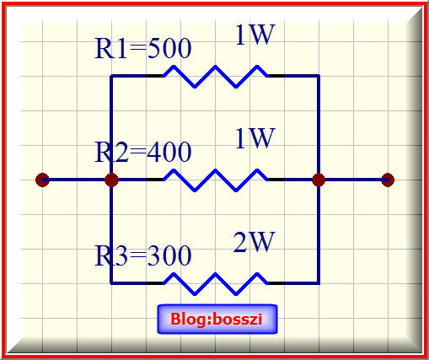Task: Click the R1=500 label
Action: point(143,48)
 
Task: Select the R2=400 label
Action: point(143,152)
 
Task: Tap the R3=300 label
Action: point(143,255)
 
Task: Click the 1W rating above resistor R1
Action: point(255,35)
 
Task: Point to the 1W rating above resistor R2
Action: point(255,138)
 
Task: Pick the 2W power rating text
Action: point(254,242)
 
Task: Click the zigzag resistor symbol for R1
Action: point(216,76)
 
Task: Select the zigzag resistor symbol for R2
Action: point(216,180)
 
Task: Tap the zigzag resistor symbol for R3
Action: point(216,283)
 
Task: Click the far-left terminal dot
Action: point(43,180)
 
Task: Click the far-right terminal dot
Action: point(388,180)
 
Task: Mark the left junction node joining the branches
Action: point(111,180)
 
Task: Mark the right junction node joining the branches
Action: point(319,180)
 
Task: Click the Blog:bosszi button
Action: point(217,319)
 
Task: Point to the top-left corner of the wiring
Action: point(111,76)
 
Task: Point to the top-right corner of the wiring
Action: point(319,76)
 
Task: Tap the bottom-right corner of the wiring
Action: point(319,283)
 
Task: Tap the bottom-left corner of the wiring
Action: point(111,283)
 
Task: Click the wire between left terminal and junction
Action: point(77,180)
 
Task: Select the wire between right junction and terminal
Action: point(353,180)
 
